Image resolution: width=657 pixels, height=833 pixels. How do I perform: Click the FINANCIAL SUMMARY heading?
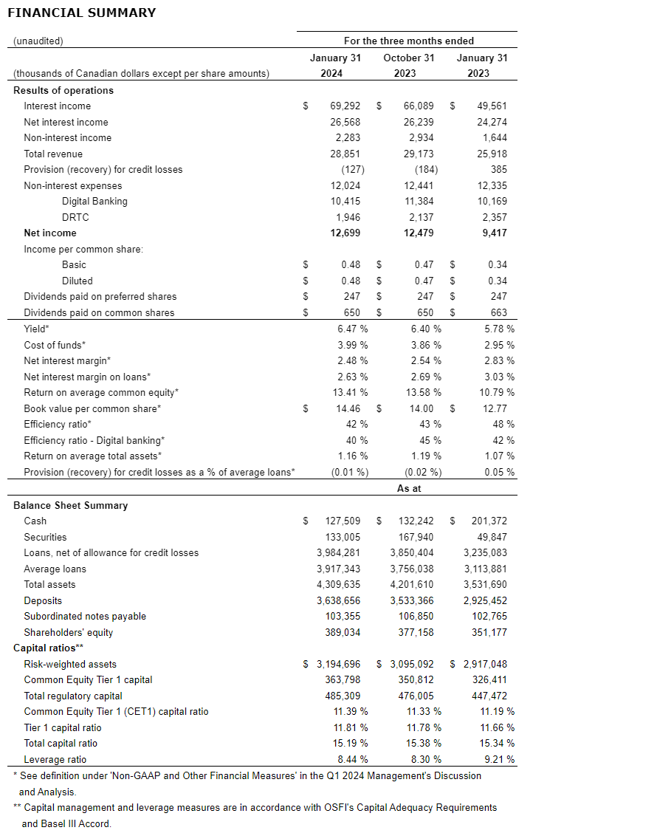[81, 13]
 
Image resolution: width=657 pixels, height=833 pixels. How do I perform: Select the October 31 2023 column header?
[408, 65]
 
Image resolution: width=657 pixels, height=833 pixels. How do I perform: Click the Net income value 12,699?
[345, 233]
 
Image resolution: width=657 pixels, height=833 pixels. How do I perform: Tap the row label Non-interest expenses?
[73, 185]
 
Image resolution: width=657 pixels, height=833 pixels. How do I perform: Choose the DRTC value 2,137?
[419, 217]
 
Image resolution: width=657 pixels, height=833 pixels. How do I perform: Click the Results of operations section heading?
[63, 90]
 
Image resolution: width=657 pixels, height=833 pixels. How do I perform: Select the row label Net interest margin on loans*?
[87, 377]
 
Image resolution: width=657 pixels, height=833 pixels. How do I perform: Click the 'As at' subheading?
[408, 488]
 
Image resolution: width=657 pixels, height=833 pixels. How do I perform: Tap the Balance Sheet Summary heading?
[70, 505]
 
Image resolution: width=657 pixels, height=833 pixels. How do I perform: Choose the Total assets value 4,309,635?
[339, 584]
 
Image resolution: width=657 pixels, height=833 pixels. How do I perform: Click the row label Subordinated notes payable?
[85, 616]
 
